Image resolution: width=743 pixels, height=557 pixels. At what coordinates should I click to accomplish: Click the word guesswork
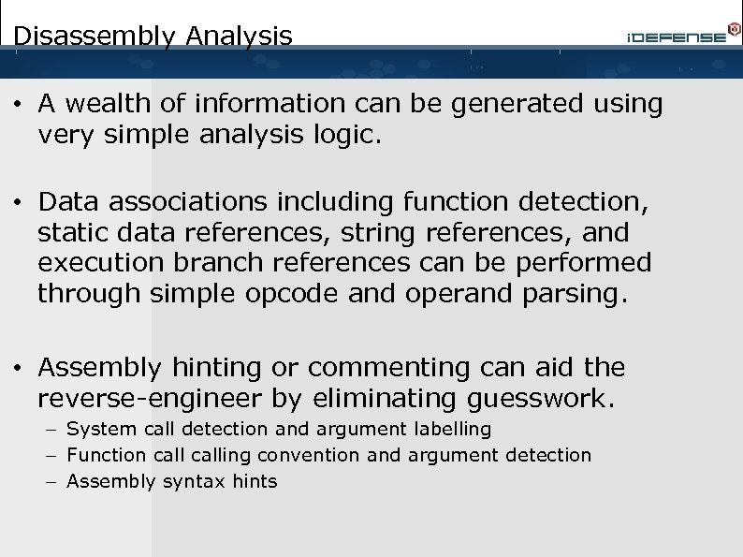(x=538, y=398)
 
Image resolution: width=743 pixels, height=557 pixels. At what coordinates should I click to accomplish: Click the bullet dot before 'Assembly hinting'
(x=18, y=367)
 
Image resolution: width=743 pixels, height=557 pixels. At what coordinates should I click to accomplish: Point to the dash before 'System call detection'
(x=47, y=430)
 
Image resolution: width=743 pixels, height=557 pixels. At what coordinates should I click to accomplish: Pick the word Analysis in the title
(x=239, y=37)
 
